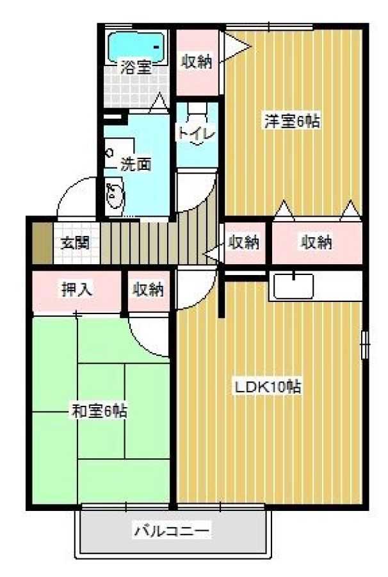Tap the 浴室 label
(136, 68)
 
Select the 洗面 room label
(136, 165)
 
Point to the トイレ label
(197, 134)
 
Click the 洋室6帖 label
(292, 121)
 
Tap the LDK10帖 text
(268, 387)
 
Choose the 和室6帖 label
(99, 411)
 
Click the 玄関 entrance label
(76, 242)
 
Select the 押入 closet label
(77, 290)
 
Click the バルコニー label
(172, 531)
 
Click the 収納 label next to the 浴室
(197, 62)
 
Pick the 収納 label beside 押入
(148, 290)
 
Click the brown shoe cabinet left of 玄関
(43, 243)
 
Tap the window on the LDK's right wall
(365, 344)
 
